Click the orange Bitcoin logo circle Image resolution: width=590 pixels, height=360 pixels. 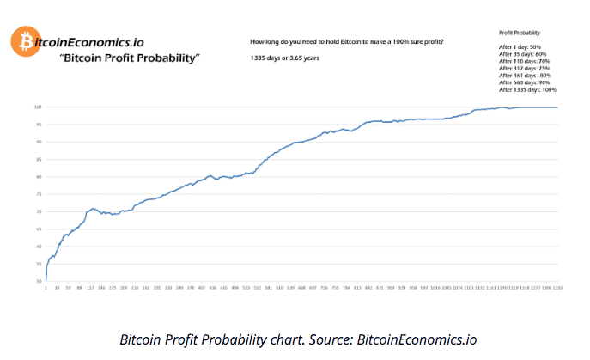click(22, 40)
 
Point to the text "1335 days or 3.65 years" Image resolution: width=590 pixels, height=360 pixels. click(283, 58)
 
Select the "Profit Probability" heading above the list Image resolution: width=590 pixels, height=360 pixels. click(519, 32)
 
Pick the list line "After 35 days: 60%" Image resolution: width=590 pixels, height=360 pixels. click(522, 53)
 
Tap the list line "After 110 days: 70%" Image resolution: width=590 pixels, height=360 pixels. click(524, 61)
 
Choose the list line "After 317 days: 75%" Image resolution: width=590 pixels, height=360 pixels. click(524, 69)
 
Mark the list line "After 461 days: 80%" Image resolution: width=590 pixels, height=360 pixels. click(524, 76)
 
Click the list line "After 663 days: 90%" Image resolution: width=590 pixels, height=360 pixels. click(524, 82)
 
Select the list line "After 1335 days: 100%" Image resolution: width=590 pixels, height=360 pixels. click(527, 89)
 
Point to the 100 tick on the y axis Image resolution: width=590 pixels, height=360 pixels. click(38, 107)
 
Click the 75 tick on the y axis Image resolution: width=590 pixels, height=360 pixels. click(39, 194)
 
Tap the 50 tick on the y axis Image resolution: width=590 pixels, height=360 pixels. click(39, 281)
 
